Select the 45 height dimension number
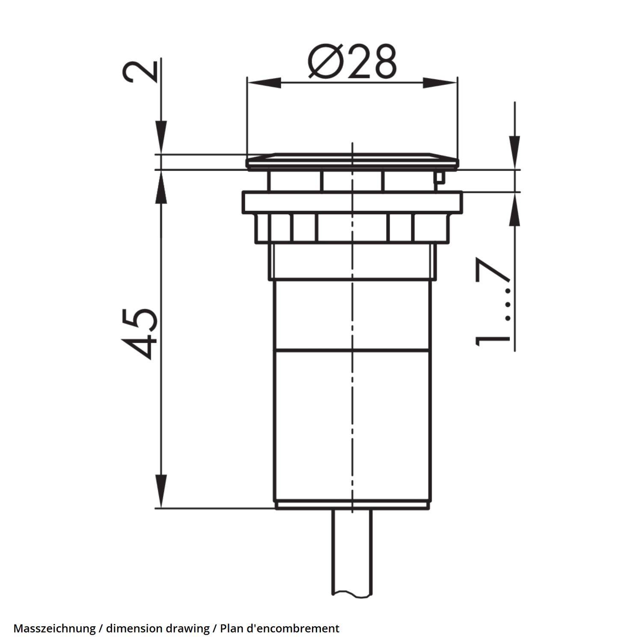(139, 333)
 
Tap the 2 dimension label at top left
(140, 71)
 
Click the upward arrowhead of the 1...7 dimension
(514, 210)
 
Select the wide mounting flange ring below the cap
(352, 202)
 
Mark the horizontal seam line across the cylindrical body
(352, 350)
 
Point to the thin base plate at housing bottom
(352, 505)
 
